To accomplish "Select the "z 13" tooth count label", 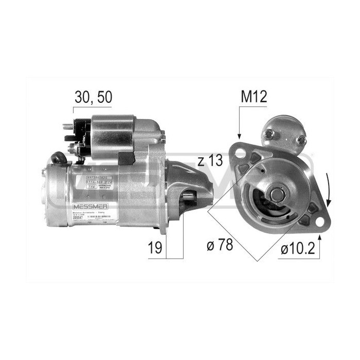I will [x=210, y=161].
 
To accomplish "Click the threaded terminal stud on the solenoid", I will [x=67, y=125].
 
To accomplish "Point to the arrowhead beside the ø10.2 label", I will [x=320, y=238].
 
